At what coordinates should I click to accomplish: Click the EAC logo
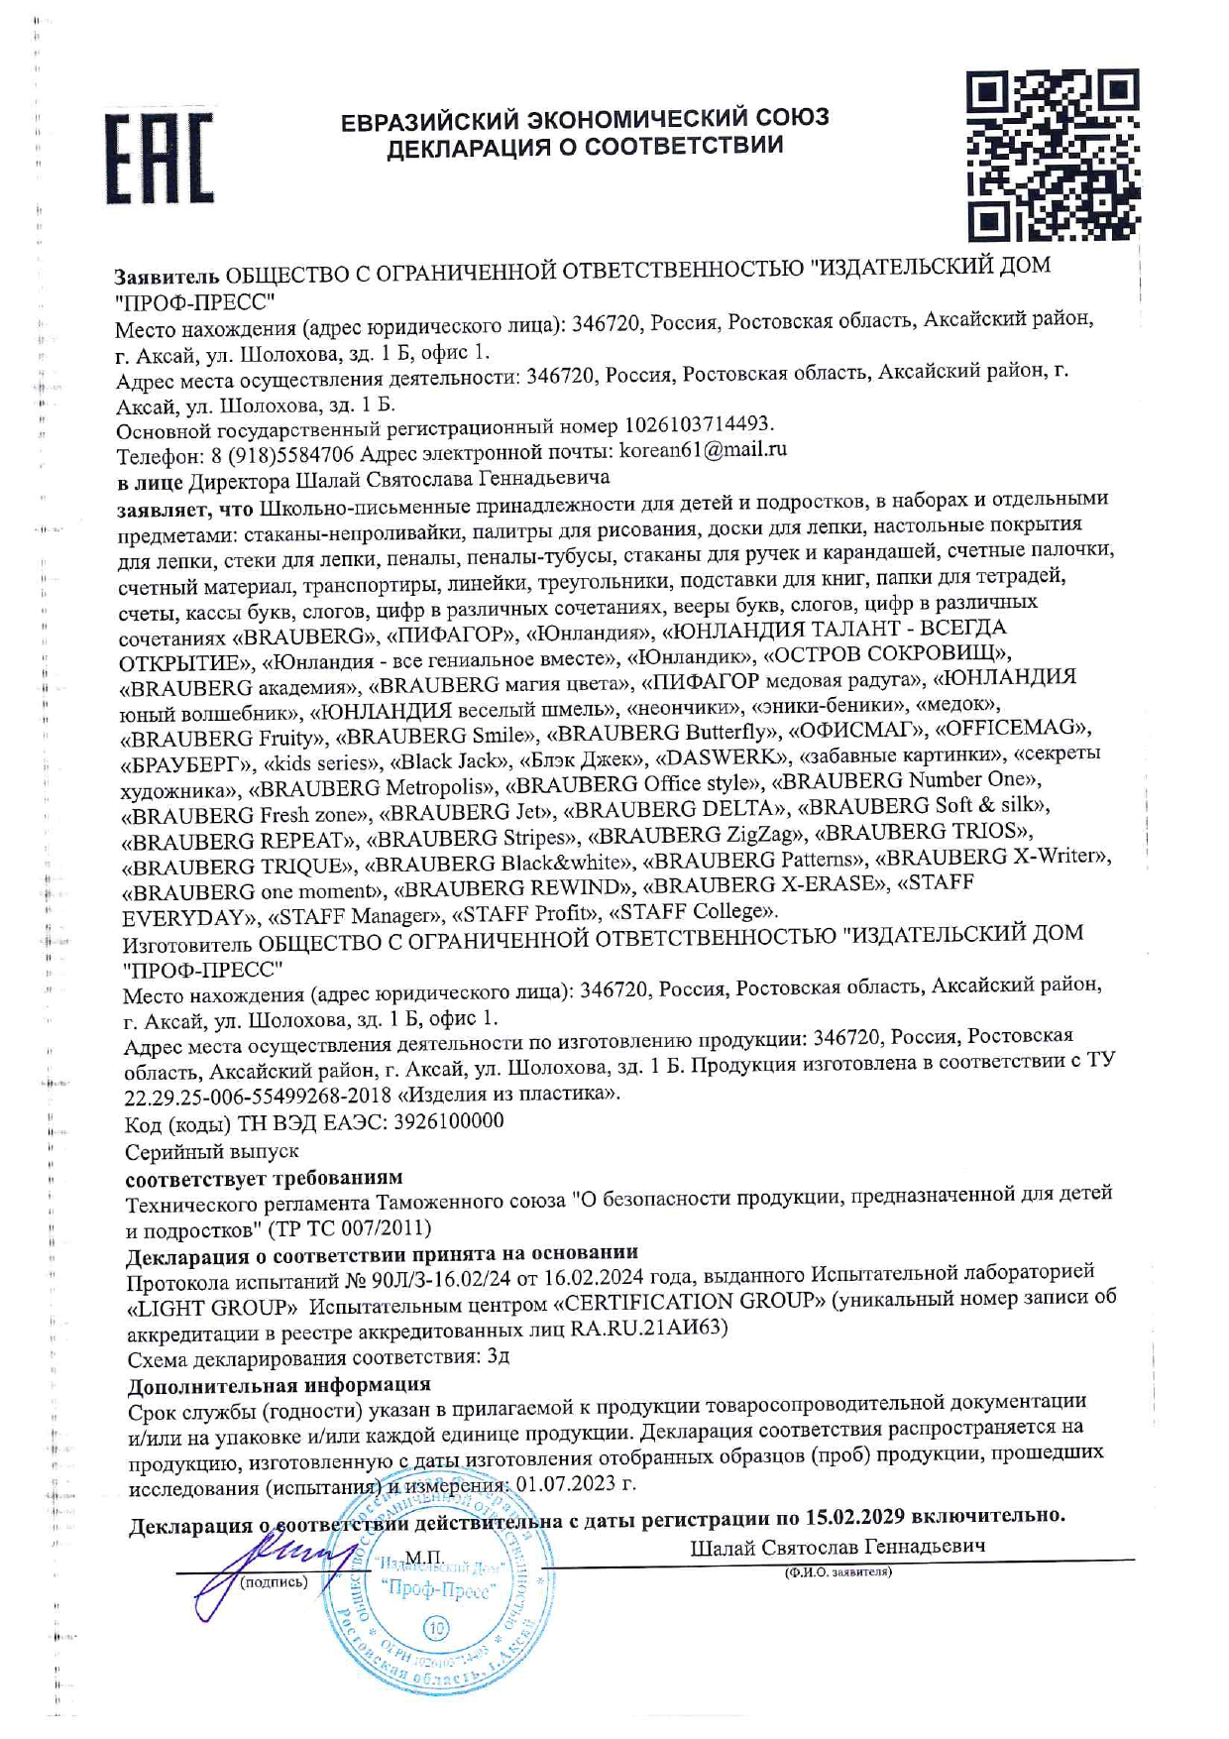(x=160, y=159)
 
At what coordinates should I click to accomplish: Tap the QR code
(x=1053, y=155)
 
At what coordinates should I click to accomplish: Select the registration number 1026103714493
(x=698, y=424)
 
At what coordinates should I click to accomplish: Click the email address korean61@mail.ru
(x=703, y=449)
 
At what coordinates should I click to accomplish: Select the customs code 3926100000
(x=449, y=1121)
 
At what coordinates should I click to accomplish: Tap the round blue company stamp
(x=440, y=1597)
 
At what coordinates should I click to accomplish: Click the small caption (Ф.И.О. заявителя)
(x=838, y=1572)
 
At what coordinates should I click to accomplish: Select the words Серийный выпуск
(x=211, y=1152)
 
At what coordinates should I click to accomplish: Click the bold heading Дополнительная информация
(x=279, y=1384)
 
